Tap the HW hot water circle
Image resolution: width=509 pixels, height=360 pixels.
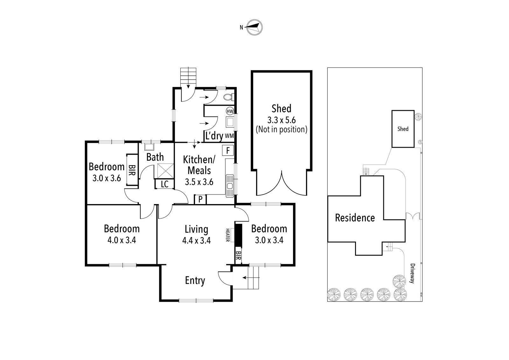click(230, 111)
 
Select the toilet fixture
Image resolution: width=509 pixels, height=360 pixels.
click(229, 97)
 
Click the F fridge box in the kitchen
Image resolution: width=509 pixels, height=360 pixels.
click(228, 150)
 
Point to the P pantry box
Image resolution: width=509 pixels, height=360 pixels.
click(200, 200)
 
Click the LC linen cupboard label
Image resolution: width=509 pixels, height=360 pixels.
click(164, 184)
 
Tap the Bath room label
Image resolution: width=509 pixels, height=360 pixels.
click(155, 157)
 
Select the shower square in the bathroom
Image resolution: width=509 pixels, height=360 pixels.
click(166, 171)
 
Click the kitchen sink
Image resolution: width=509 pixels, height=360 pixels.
click(230, 186)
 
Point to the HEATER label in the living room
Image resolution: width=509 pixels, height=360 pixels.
click(227, 235)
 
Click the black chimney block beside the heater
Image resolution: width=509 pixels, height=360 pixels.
click(238, 236)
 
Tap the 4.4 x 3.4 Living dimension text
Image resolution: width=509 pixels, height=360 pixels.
click(197, 240)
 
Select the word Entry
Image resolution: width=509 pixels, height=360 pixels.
click(195, 280)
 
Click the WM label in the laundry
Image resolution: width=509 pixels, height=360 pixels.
click(229, 136)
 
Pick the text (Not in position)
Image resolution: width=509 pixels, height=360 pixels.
click(282, 130)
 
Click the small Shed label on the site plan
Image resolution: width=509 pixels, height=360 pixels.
click(403, 129)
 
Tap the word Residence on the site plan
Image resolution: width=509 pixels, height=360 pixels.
click(355, 218)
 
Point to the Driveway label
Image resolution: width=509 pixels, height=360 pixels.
click(412, 273)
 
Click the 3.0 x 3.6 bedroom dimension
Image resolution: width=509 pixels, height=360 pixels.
click(107, 178)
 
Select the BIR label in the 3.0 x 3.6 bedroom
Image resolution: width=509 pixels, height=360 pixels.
click(132, 170)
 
